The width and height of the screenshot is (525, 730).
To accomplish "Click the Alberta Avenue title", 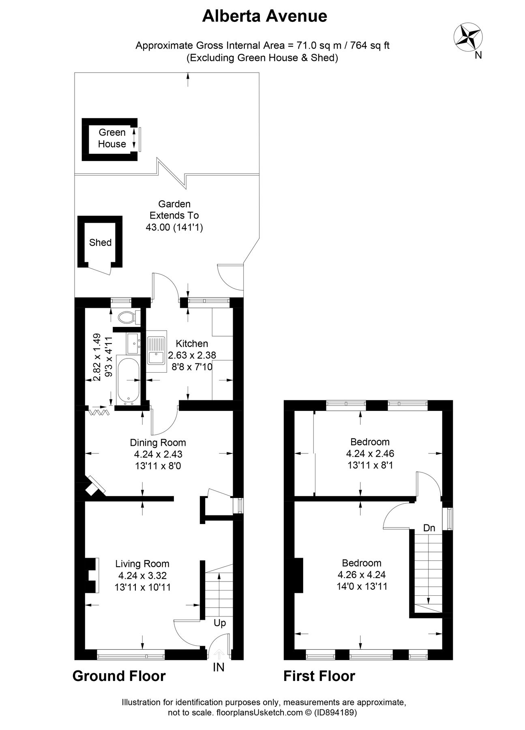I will point(264,16).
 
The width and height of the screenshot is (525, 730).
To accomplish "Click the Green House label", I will point(112,138).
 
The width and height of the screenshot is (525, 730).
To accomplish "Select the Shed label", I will point(100,243).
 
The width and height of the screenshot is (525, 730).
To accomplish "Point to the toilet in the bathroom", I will point(126,317).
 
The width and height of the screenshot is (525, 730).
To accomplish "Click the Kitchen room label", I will point(192,344).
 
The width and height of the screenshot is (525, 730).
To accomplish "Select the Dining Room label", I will point(158,442).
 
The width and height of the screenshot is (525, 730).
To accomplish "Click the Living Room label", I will point(142,564).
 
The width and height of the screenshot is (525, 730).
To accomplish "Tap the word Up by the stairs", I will point(220,623).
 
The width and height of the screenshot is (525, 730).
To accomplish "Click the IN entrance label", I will point(219,667).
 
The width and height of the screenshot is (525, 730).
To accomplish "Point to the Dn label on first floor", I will point(429,528).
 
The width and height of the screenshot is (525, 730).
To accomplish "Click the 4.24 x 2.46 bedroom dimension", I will point(370,453).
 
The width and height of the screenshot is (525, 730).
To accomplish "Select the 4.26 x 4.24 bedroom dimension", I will point(361,575).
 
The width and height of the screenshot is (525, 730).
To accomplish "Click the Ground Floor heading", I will point(119,676).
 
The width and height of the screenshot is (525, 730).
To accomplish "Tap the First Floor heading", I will point(319,676).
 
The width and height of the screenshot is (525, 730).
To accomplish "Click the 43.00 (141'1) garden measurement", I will point(174,227).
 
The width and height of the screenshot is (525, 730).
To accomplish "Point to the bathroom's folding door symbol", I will point(99,412).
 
